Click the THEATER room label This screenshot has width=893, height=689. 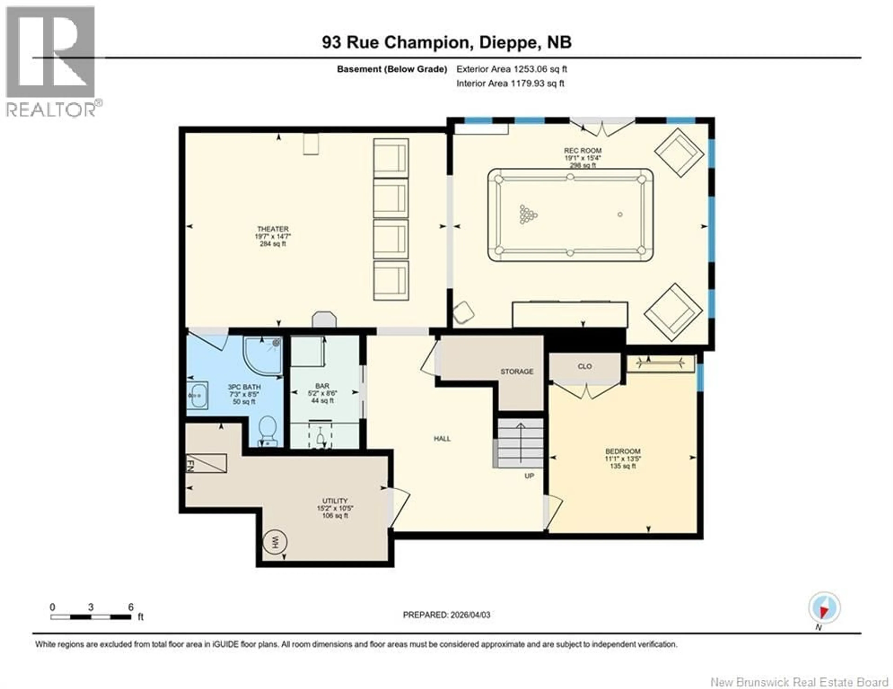pos(273,229)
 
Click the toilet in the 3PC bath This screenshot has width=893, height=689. pos(268,430)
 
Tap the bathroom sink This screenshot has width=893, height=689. pos(197,395)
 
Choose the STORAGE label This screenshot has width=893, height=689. pos(517,371)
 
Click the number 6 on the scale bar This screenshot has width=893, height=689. pos(131,607)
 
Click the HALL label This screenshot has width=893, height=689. pos(442,438)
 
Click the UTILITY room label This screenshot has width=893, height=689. pos(335,501)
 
